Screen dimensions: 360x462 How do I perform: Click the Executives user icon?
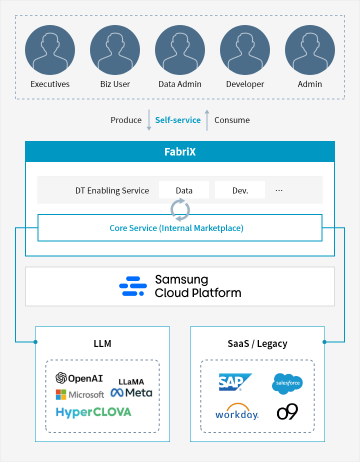(50, 50)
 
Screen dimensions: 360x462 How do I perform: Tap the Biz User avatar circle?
(115, 50)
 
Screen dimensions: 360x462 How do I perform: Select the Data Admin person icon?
(180, 50)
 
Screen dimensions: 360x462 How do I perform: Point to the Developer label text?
(245, 84)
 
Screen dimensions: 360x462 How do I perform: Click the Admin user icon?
(310, 50)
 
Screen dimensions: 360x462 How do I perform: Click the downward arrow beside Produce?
(149, 120)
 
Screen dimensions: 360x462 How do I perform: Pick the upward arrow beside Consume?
(207, 120)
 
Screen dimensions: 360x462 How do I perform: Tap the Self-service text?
(178, 120)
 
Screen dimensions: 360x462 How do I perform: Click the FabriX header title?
(180, 151)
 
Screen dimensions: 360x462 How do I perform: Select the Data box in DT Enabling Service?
(184, 190)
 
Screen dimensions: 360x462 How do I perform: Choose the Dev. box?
(240, 190)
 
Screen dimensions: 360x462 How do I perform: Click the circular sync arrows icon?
(180, 210)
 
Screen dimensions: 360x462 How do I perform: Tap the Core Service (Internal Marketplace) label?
(176, 228)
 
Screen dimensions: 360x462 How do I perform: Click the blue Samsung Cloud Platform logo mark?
(133, 286)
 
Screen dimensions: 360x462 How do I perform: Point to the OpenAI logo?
(79, 378)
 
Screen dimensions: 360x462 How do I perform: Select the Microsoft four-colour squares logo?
(61, 394)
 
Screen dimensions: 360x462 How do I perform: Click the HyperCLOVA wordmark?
(93, 412)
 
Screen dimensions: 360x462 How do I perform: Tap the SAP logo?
(235, 382)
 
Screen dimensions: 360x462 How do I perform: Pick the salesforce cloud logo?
(287, 383)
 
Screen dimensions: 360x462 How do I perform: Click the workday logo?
(237, 411)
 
